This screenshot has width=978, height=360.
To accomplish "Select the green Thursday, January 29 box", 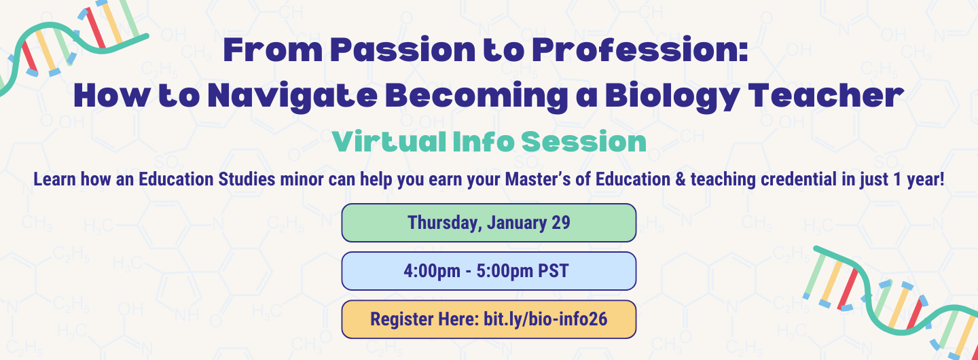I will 488,223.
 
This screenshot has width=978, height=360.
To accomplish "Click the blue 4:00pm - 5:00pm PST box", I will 488,271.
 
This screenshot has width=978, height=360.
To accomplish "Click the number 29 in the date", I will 560,223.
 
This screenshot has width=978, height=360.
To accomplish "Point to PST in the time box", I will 553,271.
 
